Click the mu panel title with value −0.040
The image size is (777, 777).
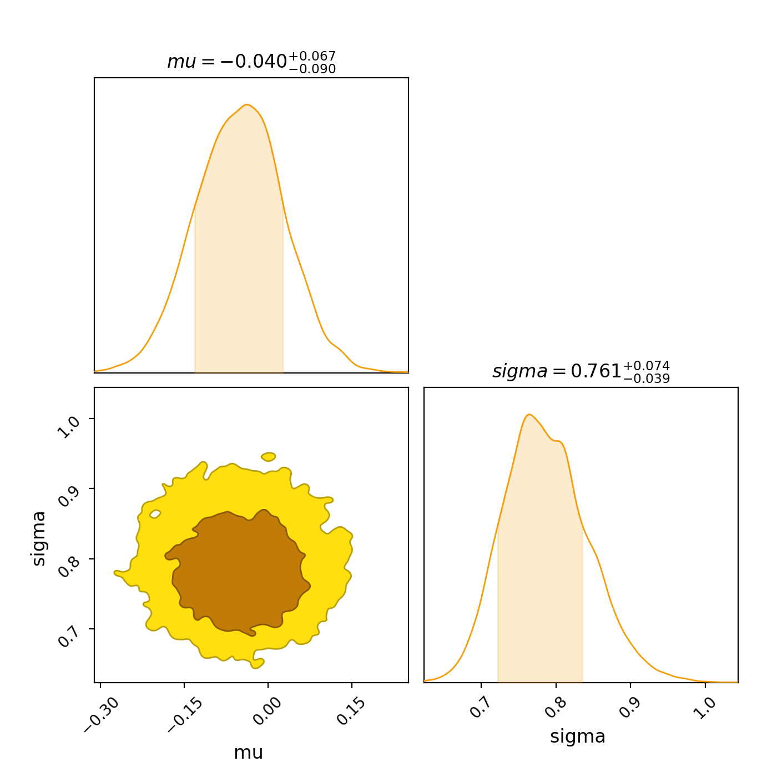click(251, 61)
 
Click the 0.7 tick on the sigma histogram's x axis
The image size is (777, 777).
click(480, 707)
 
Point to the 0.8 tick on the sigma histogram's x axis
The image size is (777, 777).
click(554, 707)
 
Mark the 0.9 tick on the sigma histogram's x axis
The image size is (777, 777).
click(629, 707)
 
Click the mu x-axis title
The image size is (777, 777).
click(249, 753)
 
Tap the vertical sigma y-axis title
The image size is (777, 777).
click(39, 538)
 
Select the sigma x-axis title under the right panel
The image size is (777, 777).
click(578, 736)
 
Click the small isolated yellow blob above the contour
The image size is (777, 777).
click(269, 457)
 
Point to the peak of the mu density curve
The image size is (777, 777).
click(247, 105)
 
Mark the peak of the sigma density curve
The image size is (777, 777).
click(529, 415)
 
